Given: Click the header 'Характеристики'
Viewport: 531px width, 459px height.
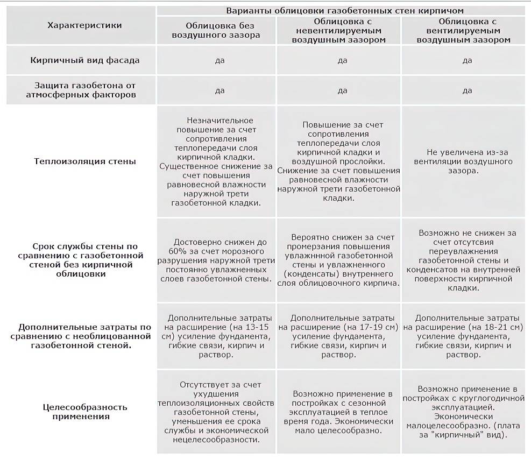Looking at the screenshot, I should pyautogui.click(x=84, y=25).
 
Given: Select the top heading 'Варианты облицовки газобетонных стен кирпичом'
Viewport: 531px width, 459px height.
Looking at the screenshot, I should pyautogui.click(x=344, y=10).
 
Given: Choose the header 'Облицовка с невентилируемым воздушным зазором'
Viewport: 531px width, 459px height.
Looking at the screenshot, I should pyautogui.click(x=342, y=31).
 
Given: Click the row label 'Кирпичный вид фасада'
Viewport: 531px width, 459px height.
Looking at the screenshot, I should pyautogui.click(x=84, y=60).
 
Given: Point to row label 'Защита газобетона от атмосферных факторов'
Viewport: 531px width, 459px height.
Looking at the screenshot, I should pyautogui.click(x=84, y=90).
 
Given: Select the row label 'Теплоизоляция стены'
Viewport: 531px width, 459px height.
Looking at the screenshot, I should pyautogui.click(x=84, y=161).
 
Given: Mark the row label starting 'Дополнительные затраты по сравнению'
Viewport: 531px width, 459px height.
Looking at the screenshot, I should pyautogui.click(x=84, y=331).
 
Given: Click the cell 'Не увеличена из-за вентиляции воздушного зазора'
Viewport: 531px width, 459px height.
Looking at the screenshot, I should pyautogui.click(x=463, y=161).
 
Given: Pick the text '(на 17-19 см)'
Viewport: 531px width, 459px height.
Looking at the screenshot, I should pyautogui.click(x=371, y=327).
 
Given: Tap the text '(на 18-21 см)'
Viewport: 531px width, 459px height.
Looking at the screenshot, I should pyautogui.click(x=495, y=327).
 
